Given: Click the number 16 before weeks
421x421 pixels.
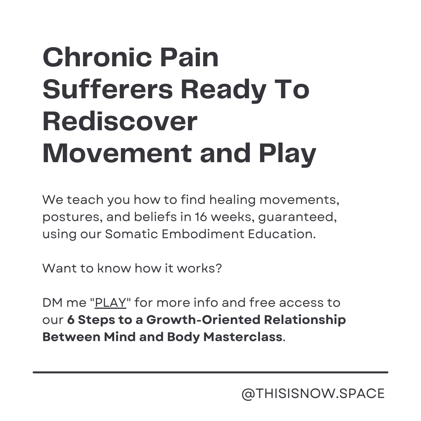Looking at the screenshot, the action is pos(201,217).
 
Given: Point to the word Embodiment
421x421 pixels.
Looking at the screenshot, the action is pos(203,234).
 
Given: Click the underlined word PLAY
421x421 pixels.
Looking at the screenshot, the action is pos(110,303).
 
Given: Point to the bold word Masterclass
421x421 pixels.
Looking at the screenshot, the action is pos(243,337).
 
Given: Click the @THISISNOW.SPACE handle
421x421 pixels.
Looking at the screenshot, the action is pos(313,394).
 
